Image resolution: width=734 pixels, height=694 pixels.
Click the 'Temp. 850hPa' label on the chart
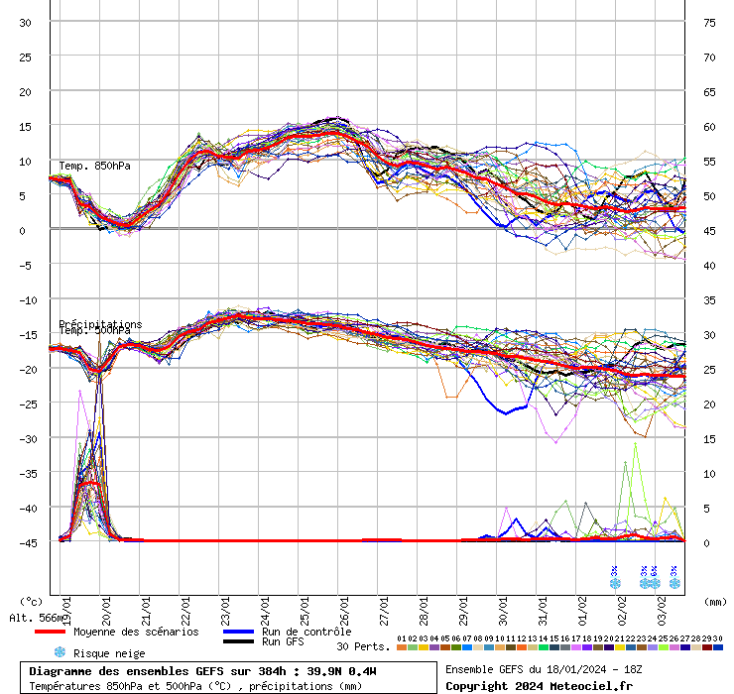[x=94, y=166]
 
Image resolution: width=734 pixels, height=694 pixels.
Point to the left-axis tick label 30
[x=26, y=22]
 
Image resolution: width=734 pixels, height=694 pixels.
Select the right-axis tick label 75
[x=710, y=22]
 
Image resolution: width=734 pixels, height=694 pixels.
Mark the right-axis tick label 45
[x=710, y=230]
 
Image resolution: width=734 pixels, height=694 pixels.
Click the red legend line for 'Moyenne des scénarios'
[x=49, y=632]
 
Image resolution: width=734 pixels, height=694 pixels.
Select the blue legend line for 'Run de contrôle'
[x=237, y=632]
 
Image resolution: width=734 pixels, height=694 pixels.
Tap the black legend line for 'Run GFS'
[x=237, y=642]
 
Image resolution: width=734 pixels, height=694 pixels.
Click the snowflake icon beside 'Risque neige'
[x=60, y=652]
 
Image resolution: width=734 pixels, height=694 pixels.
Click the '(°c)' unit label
[x=31, y=601]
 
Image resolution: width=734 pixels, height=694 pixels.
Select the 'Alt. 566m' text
[x=33, y=618]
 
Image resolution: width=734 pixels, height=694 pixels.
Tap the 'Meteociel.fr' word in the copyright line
[x=597, y=685]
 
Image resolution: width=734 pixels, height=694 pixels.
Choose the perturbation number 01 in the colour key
[x=401, y=638]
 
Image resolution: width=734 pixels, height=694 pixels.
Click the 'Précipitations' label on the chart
[x=100, y=324]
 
